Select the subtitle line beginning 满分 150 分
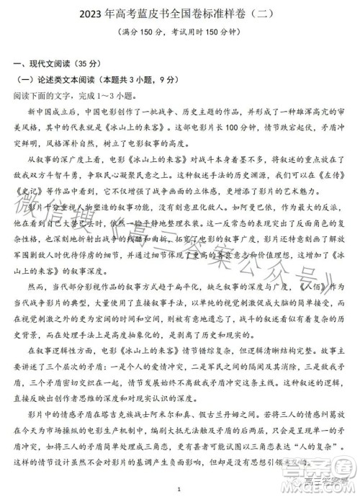[x=181, y=33]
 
